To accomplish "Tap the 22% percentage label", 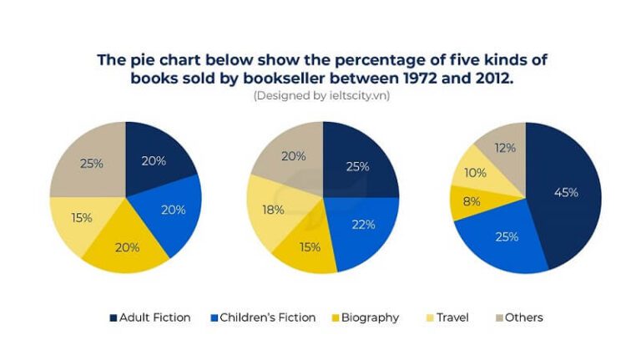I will pos(364,224).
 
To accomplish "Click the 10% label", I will pos(475,174).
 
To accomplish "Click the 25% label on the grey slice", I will pos(91,164).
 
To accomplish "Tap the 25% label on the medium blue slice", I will pos(506,236).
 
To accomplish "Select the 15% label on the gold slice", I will pos(310,246).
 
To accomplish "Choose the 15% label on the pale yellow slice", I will pos(81,218).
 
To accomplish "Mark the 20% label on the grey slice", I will pos(292,155).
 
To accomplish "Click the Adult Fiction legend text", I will pos(155,317).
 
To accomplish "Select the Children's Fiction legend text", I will pos(267,317).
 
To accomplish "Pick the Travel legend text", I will pos(452,317).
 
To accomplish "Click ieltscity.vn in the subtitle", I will pos(361,96).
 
